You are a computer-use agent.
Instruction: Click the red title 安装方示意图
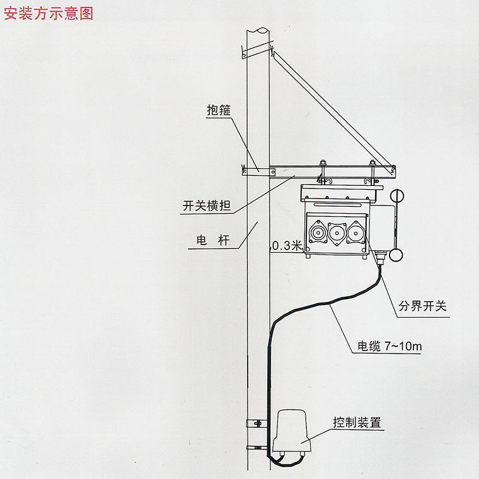click(x=48, y=13)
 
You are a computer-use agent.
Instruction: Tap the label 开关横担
click(x=205, y=205)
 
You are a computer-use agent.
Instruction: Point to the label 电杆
click(x=210, y=241)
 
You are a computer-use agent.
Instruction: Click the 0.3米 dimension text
click(x=287, y=246)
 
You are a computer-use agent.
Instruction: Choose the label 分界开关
click(x=422, y=307)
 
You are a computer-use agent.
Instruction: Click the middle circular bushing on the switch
click(x=336, y=234)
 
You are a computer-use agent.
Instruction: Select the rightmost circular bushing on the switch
click(x=355, y=234)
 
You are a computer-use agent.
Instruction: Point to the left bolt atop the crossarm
click(x=322, y=164)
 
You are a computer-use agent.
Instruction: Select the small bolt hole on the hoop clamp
click(x=258, y=169)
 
